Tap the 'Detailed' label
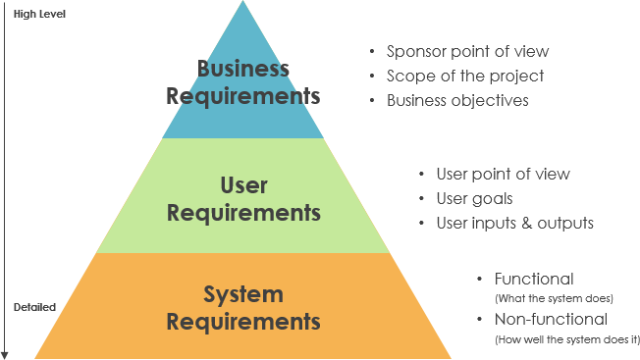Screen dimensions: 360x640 coord(34,307)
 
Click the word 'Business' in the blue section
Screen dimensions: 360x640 coord(243,70)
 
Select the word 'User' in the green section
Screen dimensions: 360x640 coord(243,184)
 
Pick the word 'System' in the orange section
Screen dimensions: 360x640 coord(243,294)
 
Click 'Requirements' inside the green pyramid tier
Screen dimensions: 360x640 coord(243,212)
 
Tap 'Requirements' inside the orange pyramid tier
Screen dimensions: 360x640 coord(243,322)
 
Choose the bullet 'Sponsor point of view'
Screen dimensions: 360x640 coord(467,52)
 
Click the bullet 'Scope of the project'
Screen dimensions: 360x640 coord(464,76)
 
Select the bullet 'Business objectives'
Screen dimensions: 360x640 coord(457,100)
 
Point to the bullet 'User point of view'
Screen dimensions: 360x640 coord(503,174)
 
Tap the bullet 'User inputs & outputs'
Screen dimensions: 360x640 coord(514,223)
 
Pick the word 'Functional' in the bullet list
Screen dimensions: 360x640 coord(534,279)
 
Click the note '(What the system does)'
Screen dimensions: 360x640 coord(554,297)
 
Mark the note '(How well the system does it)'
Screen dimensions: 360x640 coord(566,338)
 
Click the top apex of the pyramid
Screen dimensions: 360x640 coord(243,3)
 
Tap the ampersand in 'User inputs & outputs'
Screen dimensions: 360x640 coord(526,223)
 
